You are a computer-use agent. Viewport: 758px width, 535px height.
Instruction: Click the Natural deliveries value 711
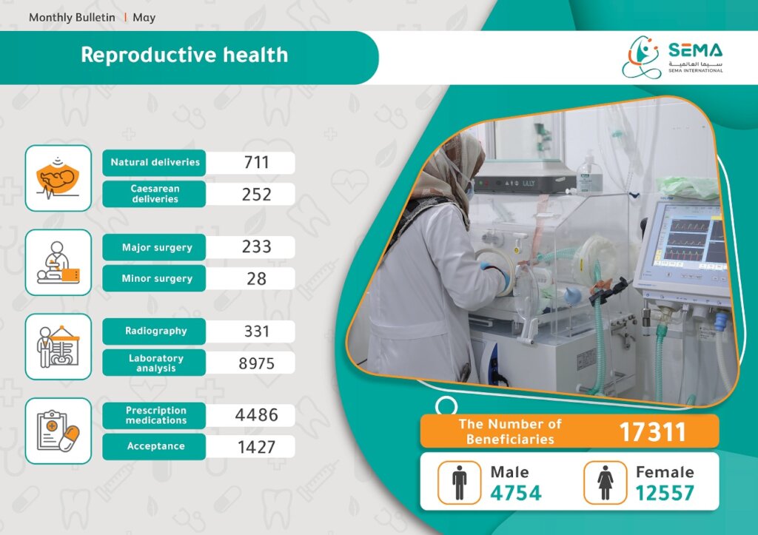(x=256, y=162)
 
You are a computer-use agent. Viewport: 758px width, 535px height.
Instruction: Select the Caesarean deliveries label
(x=155, y=194)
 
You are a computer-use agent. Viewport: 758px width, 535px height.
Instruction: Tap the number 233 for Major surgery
(x=256, y=246)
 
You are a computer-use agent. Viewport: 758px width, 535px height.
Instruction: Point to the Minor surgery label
(x=157, y=278)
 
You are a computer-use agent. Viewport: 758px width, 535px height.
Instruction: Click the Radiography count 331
(x=256, y=331)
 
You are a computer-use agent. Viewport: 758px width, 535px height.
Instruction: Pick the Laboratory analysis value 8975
(x=256, y=363)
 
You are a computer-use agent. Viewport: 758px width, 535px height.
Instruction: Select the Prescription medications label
(x=155, y=415)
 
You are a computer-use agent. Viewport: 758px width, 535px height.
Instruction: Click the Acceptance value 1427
(x=256, y=447)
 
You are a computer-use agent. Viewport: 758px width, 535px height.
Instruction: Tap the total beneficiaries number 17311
(x=653, y=431)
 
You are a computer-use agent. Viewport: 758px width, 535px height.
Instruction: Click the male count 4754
(x=516, y=493)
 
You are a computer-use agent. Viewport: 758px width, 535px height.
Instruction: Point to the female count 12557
(x=665, y=493)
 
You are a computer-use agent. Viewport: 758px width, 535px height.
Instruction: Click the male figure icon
(x=459, y=482)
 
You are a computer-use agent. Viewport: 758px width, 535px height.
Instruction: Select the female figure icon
(x=606, y=482)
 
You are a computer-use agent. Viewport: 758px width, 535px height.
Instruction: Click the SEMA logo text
(x=695, y=50)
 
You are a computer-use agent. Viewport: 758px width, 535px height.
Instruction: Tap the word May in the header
(x=144, y=18)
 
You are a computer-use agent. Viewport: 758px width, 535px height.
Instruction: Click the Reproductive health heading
(x=184, y=55)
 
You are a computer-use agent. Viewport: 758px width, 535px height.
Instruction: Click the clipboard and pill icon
(x=58, y=431)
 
